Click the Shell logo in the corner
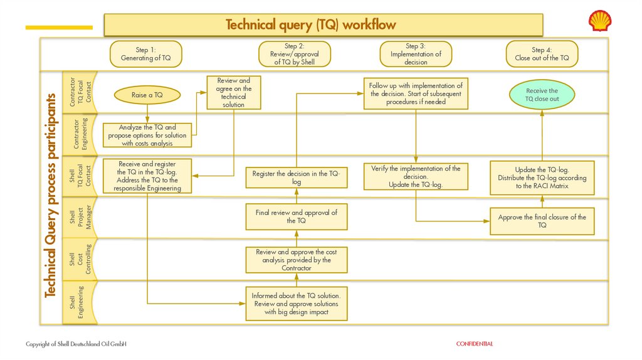click(x=599, y=21)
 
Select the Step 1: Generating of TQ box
click(x=145, y=54)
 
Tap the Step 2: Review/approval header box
click(x=294, y=54)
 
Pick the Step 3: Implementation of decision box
click(x=416, y=54)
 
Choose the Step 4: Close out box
click(x=542, y=54)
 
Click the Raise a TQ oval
click(x=147, y=95)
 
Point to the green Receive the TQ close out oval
click(x=542, y=95)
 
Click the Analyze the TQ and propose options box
click(x=147, y=135)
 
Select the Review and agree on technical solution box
click(x=234, y=93)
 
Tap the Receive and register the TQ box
click(x=147, y=176)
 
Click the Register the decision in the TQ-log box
click(x=296, y=177)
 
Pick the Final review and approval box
click(x=296, y=217)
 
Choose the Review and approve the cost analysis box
click(x=296, y=260)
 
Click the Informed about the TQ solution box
click(x=296, y=304)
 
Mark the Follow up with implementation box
click(x=416, y=93)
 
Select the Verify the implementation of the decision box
click(x=416, y=176)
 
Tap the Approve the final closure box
click(x=542, y=221)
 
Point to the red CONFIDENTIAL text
click(x=474, y=344)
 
